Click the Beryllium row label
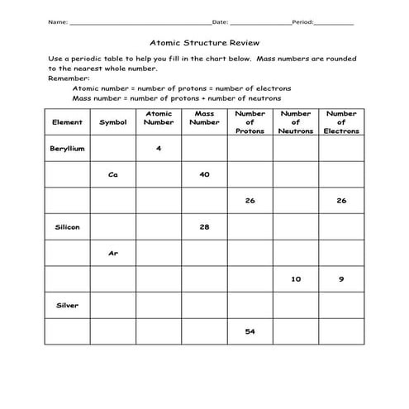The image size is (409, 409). point(68,148)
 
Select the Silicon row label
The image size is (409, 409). point(68,226)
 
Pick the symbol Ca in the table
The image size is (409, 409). point(113,174)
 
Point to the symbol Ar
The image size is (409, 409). point(113,253)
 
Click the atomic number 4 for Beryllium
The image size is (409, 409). point(159,148)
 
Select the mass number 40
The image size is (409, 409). point(204,174)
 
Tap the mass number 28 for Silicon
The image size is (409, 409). point(204,226)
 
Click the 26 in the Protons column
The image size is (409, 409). point(250,201)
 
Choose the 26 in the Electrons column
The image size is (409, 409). point(340,201)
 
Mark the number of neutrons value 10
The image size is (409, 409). point(295,279)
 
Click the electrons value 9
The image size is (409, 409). point(340,279)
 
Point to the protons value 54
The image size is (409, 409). point(250,331)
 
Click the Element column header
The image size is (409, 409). point(68,122)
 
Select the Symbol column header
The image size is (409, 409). point(113,122)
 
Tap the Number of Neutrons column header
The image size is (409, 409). point(295,122)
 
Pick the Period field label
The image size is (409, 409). point(302,22)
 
